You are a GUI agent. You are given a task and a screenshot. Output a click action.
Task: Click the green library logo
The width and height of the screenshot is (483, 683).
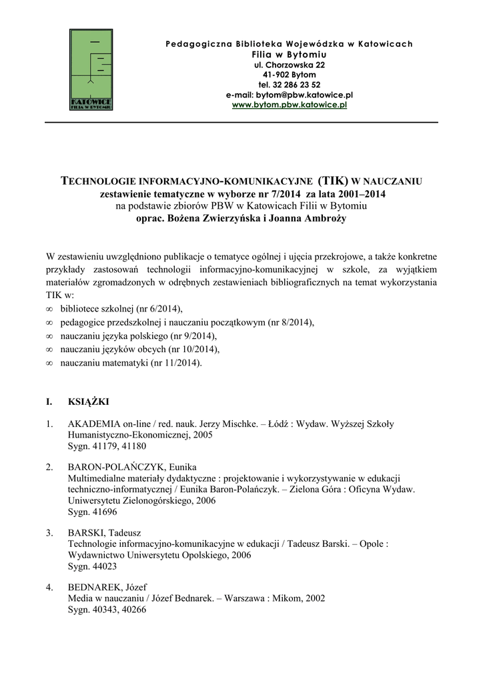pos(91,71)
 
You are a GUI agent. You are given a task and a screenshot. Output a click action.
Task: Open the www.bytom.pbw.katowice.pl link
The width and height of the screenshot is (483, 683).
pos(289,105)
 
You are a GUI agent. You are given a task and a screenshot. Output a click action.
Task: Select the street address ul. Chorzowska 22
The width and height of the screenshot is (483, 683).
pos(289,65)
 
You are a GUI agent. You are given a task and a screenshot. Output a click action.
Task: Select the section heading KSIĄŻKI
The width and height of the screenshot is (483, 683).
pos(89,402)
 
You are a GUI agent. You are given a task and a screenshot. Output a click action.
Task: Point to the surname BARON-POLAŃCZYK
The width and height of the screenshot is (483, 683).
pos(117,466)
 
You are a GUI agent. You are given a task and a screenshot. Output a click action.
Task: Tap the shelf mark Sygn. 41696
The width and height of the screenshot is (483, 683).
pos(93,512)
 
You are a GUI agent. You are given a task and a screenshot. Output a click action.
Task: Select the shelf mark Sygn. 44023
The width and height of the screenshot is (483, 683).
pos(93,566)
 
